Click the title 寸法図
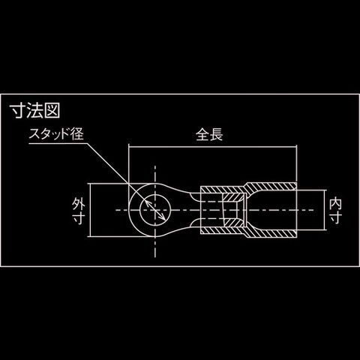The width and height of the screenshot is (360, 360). pos(34,111)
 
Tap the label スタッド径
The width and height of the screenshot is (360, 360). pos(56,134)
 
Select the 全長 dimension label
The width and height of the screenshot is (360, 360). pos(209,135)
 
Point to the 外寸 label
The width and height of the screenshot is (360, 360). pos(78,210)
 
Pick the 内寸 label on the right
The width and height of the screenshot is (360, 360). pos(335,210)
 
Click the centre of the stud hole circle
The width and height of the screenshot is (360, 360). pos(155,210)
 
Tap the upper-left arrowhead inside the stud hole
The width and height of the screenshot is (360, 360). pos(147,202)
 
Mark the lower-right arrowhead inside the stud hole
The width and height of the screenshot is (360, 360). pos(163,217)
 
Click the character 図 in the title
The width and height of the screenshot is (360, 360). pos(52,111)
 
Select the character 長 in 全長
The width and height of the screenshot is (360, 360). pos(216,135)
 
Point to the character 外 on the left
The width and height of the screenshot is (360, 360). pos(78,203)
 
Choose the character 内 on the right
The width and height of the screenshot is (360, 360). pos(335,203)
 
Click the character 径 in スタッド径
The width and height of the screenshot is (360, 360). pos(76,134)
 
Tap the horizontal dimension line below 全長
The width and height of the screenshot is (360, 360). pos(212,147)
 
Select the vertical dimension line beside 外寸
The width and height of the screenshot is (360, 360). pos(90,210)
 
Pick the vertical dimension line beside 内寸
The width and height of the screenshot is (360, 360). pos(325,210)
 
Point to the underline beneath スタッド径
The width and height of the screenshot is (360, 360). pos(58,143)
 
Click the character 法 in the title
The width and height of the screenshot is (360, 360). pos(34,111)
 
